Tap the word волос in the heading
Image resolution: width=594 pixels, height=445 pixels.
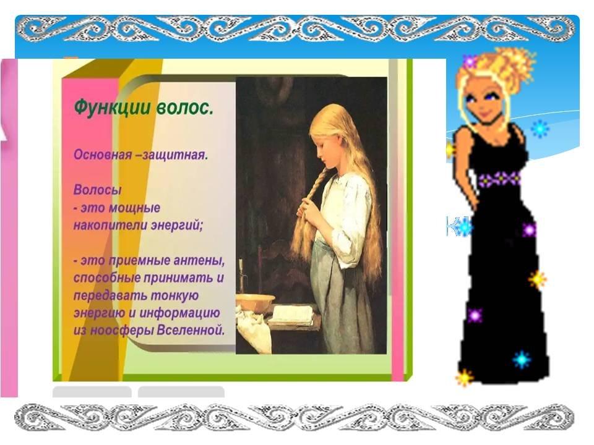pyautogui.click(x=185, y=108)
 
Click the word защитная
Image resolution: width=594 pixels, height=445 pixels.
pyautogui.click(x=175, y=155)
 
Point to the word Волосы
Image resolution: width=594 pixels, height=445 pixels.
pyautogui.click(x=97, y=189)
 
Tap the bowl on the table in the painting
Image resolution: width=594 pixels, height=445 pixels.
pyautogui.click(x=255, y=303)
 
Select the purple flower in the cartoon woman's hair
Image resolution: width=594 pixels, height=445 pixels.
pyautogui.click(x=470, y=61)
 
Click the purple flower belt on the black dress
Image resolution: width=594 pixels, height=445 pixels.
pyautogui.click(x=499, y=179)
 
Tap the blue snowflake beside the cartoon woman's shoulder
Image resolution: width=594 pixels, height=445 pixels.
pyautogui.click(x=540, y=129)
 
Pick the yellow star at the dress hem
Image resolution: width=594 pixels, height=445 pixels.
pyautogui.click(x=464, y=377)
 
